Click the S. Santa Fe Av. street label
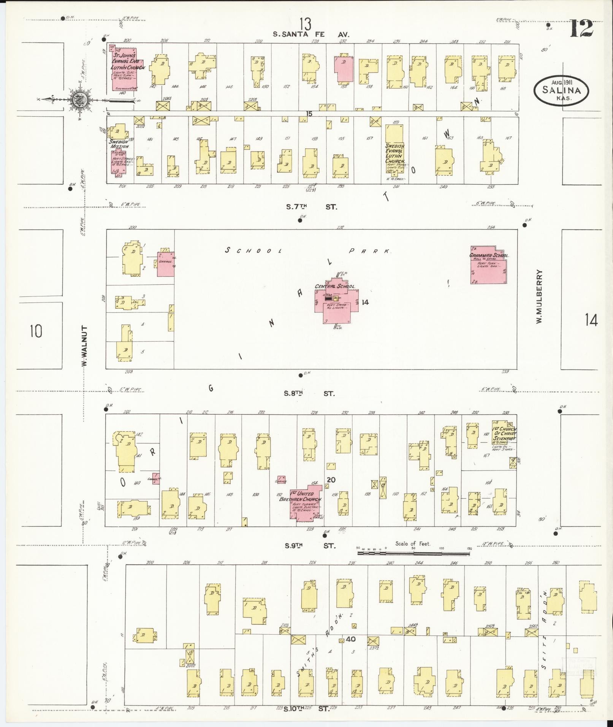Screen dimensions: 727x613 pos(311,34)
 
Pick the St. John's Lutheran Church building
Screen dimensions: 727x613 pos(125,68)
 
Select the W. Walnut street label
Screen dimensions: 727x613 pos(84,346)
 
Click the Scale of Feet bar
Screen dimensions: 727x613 pos(413,553)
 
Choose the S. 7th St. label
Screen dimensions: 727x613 pos(311,207)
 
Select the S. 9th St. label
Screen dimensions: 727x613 pos(310,546)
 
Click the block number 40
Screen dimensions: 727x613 pos(350,639)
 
